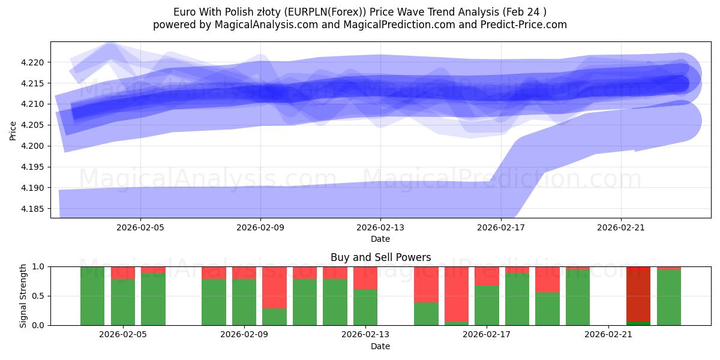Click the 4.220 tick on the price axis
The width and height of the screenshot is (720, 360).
(x=34, y=62)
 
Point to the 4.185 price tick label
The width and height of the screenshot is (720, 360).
(x=34, y=209)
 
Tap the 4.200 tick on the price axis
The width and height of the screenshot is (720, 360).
(x=34, y=146)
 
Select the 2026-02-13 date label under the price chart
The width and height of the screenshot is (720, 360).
(x=380, y=228)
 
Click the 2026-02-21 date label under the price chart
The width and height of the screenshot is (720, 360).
(x=620, y=228)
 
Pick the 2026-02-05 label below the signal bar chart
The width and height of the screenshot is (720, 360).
(x=123, y=335)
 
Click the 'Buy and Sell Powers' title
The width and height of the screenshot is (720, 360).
(x=380, y=257)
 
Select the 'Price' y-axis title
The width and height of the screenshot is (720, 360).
(x=13, y=130)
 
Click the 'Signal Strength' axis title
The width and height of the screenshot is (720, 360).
(x=23, y=296)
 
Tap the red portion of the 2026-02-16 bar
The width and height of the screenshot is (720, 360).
(x=456, y=293)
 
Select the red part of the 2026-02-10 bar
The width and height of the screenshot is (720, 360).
(x=274, y=287)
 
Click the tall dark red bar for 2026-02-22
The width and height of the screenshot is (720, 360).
(x=638, y=293)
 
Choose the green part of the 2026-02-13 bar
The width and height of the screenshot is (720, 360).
(x=365, y=307)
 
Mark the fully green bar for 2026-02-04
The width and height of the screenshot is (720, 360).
(x=92, y=296)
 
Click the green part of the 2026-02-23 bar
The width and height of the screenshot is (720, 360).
(x=669, y=298)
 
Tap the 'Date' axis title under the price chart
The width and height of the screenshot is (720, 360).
(x=380, y=239)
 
